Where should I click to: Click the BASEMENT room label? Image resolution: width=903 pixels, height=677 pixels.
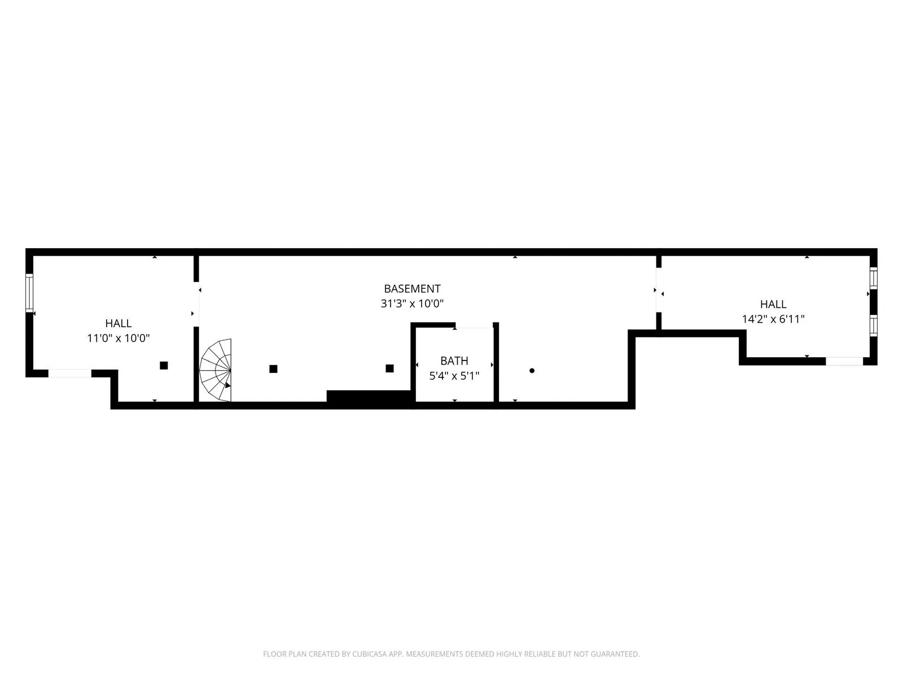(412, 289)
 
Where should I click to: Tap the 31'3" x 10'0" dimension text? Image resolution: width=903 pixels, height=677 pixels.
(412, 304)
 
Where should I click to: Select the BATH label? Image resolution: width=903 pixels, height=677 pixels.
(454, 361)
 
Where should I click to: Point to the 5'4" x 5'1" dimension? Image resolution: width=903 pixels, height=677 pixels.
(454, 376)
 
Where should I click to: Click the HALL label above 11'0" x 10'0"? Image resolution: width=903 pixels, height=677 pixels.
(119, 323)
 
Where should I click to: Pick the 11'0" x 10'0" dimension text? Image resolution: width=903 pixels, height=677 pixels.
(119, 338)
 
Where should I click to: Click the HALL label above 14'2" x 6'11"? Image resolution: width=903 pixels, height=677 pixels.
(773, 304)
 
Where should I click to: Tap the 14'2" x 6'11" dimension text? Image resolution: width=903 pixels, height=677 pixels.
(773, 319)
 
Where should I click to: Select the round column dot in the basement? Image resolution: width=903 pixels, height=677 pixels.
(532, 371)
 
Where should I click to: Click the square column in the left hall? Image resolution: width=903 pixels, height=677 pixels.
(164, 366)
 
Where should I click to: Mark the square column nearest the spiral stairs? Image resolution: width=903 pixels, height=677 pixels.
(273, 369)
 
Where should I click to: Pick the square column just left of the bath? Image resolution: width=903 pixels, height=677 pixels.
(389, 368)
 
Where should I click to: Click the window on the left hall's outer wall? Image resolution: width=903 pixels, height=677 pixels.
(29, 292)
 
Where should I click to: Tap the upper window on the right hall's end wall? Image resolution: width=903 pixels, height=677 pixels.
(874, 278)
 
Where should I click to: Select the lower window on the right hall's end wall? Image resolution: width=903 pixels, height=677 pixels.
(874, 326)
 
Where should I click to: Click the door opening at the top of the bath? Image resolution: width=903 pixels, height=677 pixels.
(474, 326)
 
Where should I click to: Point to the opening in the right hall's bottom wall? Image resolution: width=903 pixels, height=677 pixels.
(844, 361)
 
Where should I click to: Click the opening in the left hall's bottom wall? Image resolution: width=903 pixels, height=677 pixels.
(69, 373)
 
